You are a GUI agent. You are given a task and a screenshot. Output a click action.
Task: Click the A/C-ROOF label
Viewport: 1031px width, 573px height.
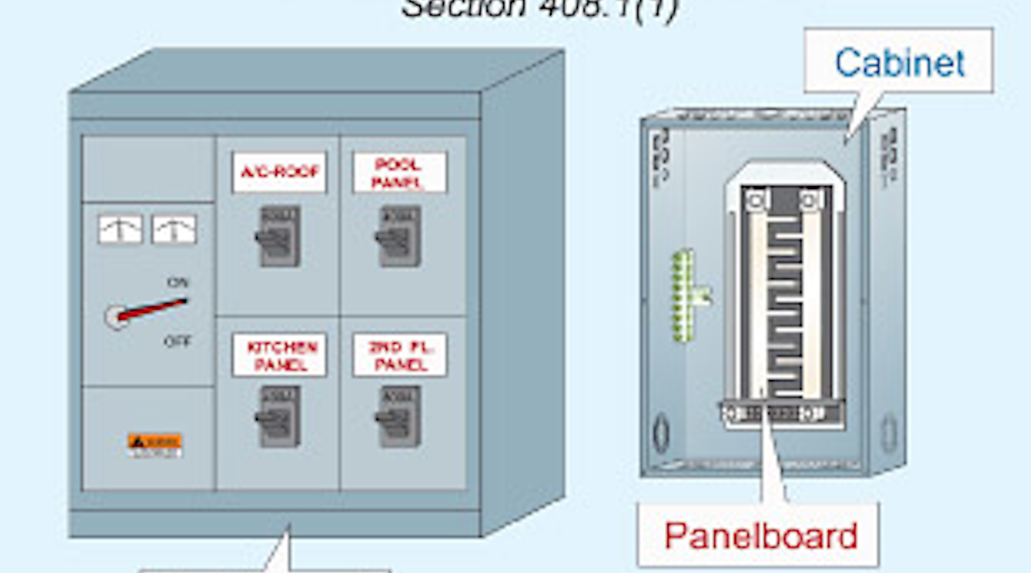279,172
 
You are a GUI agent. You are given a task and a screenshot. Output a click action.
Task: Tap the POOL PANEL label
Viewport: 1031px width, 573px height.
399,173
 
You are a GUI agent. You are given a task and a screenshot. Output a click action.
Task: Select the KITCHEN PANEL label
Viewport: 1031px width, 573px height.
279,355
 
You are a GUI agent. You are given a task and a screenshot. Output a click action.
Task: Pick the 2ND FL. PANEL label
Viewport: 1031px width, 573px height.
400,355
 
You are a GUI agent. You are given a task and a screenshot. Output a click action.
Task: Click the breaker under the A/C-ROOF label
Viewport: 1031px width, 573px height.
279,237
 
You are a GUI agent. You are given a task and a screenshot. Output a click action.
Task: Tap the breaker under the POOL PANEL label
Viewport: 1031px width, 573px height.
399,237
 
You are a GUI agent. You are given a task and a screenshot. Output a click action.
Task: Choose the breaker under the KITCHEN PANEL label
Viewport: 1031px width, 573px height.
279,417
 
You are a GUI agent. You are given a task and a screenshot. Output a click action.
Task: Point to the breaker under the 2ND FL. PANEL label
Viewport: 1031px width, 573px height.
399,417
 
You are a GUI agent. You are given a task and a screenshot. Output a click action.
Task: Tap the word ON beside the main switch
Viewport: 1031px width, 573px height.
177,282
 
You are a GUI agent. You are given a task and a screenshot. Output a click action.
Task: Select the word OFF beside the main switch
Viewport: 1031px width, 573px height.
177,341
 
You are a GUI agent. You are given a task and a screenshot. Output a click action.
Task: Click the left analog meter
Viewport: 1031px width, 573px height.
120,229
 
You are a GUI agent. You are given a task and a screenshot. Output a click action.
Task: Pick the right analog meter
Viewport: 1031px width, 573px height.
174,229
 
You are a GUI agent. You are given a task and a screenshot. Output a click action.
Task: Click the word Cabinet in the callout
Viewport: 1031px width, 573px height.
900,63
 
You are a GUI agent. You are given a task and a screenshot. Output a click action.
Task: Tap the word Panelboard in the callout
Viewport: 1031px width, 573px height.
760,536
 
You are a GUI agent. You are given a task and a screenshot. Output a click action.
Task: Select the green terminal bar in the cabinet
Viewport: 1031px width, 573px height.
684,296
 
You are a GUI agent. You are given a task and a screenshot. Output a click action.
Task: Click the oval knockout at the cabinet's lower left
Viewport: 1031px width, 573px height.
660,433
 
